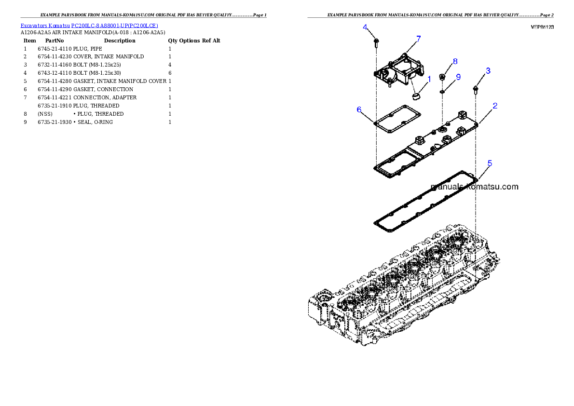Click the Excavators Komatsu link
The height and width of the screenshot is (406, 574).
tap(45, 26)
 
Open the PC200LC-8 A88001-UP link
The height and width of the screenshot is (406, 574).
tap(115, 26)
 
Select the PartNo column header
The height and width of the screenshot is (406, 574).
tap(55, 41)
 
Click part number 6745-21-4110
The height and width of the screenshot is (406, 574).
tap(55, 49)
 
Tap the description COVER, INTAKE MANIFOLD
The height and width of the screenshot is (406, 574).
tap(109, 57)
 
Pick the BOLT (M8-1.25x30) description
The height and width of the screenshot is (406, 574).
tap(97, 73)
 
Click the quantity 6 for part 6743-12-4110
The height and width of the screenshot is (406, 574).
tap(170, 73)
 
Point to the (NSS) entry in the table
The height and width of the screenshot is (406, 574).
tap(45, 114)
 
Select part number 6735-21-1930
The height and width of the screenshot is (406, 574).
tap(55, 122)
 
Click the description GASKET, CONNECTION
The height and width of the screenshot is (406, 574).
tap(103, 89)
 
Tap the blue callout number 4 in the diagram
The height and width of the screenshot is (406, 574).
tap(365, 27)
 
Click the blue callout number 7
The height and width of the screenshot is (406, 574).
tap(418, 39)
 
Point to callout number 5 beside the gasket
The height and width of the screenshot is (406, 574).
tap(490, 163)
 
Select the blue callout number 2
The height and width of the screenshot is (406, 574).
tap(495, 106)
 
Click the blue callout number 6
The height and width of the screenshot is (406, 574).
tap(359, 109)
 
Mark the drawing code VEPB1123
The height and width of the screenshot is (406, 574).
tap(542, 27)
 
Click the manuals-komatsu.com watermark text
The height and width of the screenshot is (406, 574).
tap(475, 187)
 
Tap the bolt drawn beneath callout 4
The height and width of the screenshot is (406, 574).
tap(376, 43)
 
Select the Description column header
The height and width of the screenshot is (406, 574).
tap(120, 41)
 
